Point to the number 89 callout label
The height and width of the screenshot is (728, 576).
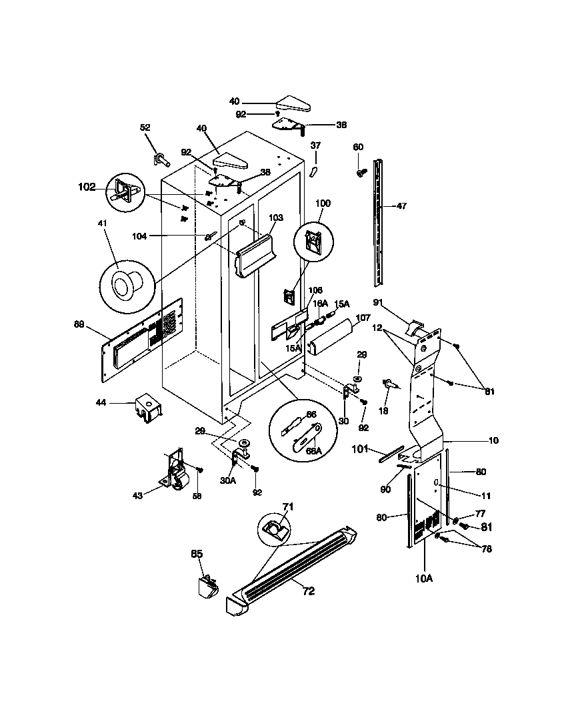coord(79,325)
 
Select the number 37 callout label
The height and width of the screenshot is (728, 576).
coord(316,145)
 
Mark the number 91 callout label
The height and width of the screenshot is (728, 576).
coord(377,302)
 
